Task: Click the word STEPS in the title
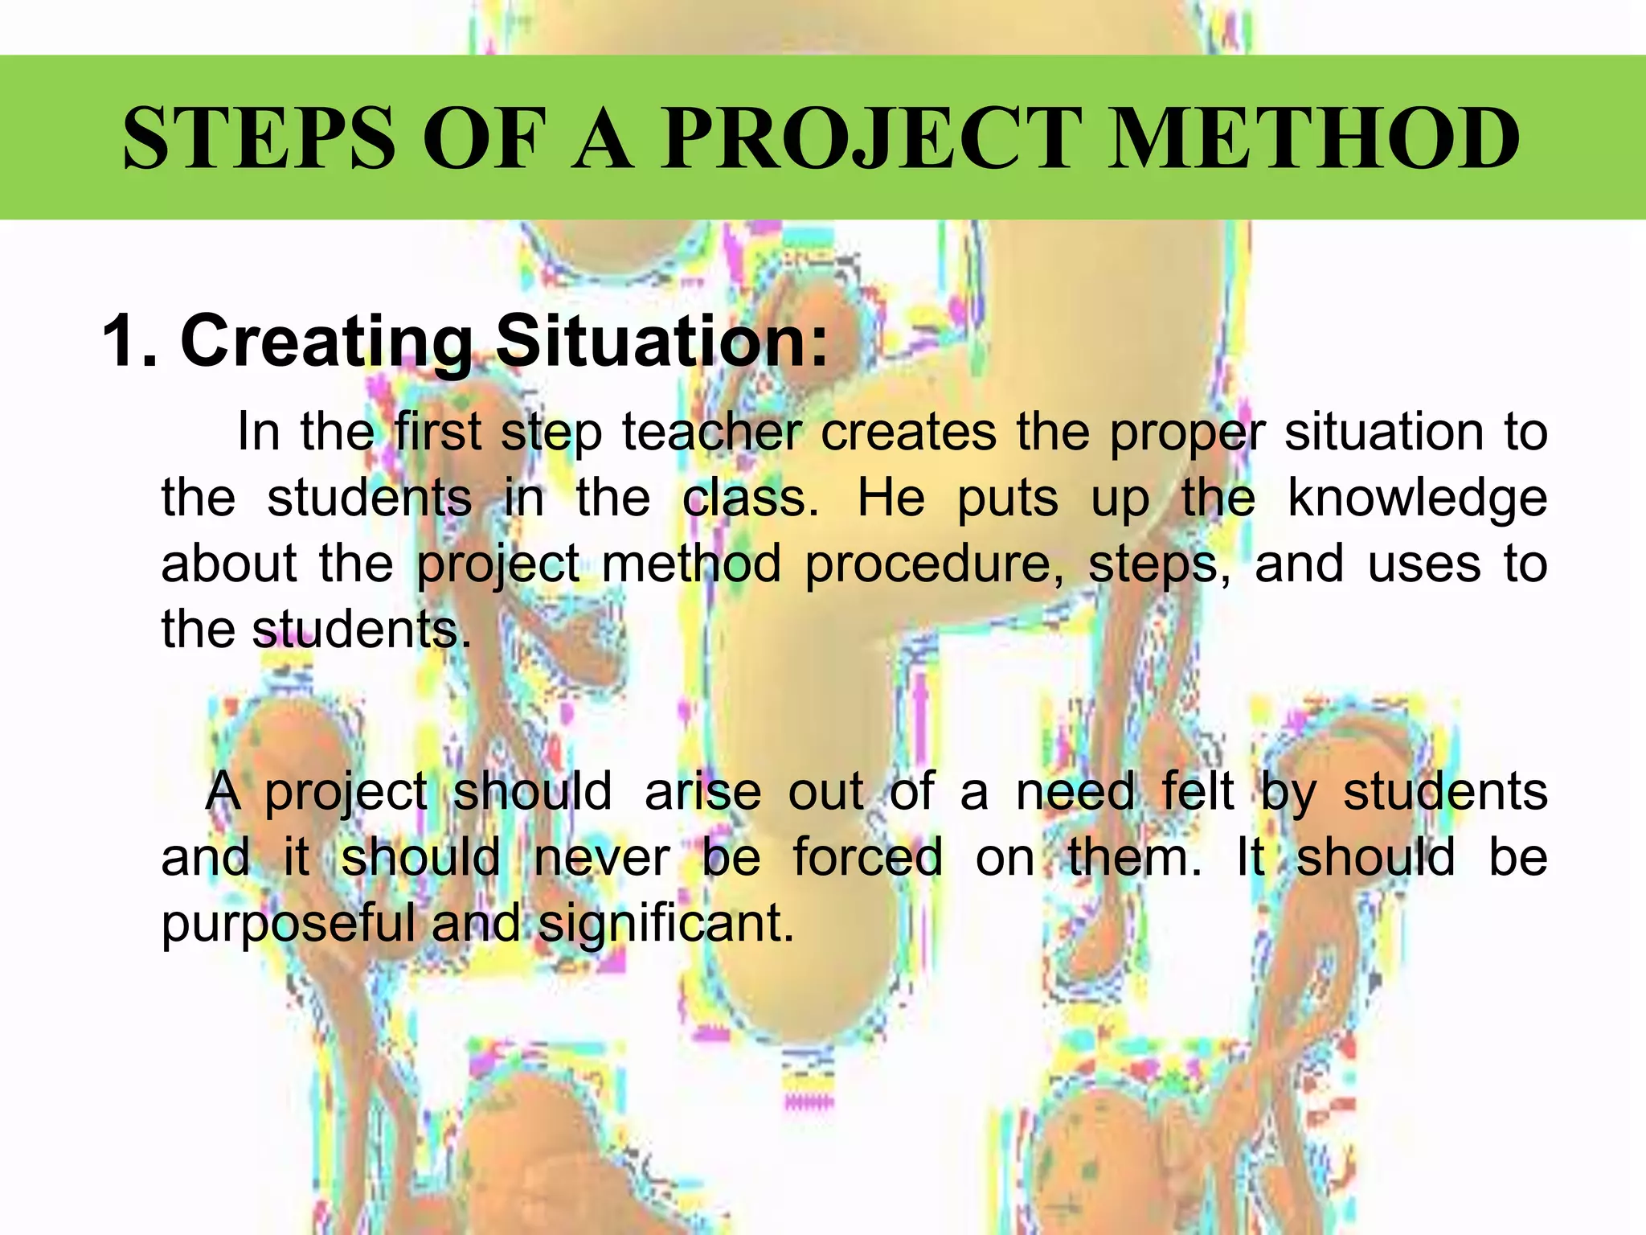point(260,138)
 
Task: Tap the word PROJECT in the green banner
point(871,138)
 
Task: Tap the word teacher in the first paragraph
point(711,433)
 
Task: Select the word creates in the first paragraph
point(908,433)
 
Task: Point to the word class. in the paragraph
point(751,499)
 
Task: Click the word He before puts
point(891,499)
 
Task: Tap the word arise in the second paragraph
point(702,792)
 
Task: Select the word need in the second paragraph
point(1075,792)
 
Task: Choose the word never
point(601,858)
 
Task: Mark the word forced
point(868,857)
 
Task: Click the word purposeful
point(288,925)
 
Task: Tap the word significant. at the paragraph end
point(665,925)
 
